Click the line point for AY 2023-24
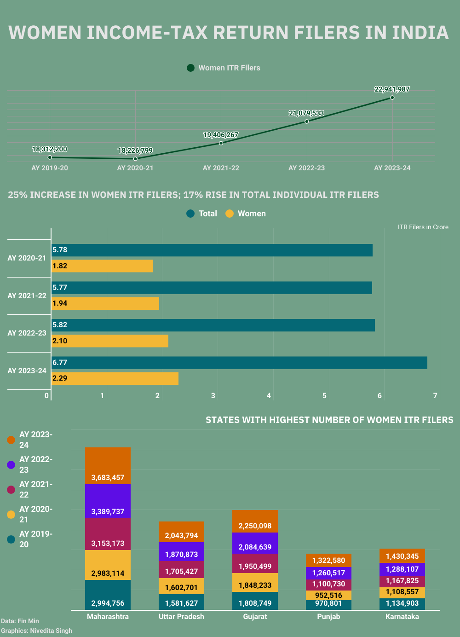392,98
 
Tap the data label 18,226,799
135,151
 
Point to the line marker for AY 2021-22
221,143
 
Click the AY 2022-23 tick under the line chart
306,168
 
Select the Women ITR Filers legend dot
191,68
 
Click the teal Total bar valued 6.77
239,363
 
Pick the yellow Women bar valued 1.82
102,266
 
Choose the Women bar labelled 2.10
110,341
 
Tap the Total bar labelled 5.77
212,288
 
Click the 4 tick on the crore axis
269,395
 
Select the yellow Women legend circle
230,214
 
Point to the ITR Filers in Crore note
423,227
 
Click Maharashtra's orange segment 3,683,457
108,466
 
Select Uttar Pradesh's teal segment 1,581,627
181,602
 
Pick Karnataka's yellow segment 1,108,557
402,592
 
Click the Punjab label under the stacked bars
328,617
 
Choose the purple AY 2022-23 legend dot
11,465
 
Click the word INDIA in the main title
420,33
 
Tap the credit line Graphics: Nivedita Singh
37,631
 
